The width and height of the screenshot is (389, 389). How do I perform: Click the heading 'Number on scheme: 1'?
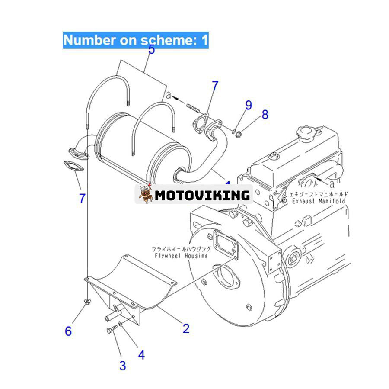pyautogui.click(x=136, y=40)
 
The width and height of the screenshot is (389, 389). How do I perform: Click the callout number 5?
pyautogui.click(x=151, y=49)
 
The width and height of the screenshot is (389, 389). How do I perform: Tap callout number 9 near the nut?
pyautogui.click(x=248, y=105)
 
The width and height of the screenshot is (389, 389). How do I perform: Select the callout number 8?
pyautogui.click(x=265, y=114)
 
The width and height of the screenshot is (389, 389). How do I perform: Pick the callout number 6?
pyautogui.click(x=68, y=331)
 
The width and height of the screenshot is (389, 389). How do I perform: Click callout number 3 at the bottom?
pyautogui.click(x=123, y=366)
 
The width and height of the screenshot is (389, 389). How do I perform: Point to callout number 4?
pyautogui.click(x=141, y=355)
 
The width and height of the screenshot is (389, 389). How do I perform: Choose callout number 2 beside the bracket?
pyautogui.click(x=186, y=328)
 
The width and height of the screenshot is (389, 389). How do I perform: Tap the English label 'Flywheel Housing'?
pyautogui.click(x=180, y=256)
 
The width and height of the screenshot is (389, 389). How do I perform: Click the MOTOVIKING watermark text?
pyautogui.click(x=202, y=195)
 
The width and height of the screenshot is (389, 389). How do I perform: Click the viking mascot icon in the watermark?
pyautogui.click(x=146, y=195)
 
